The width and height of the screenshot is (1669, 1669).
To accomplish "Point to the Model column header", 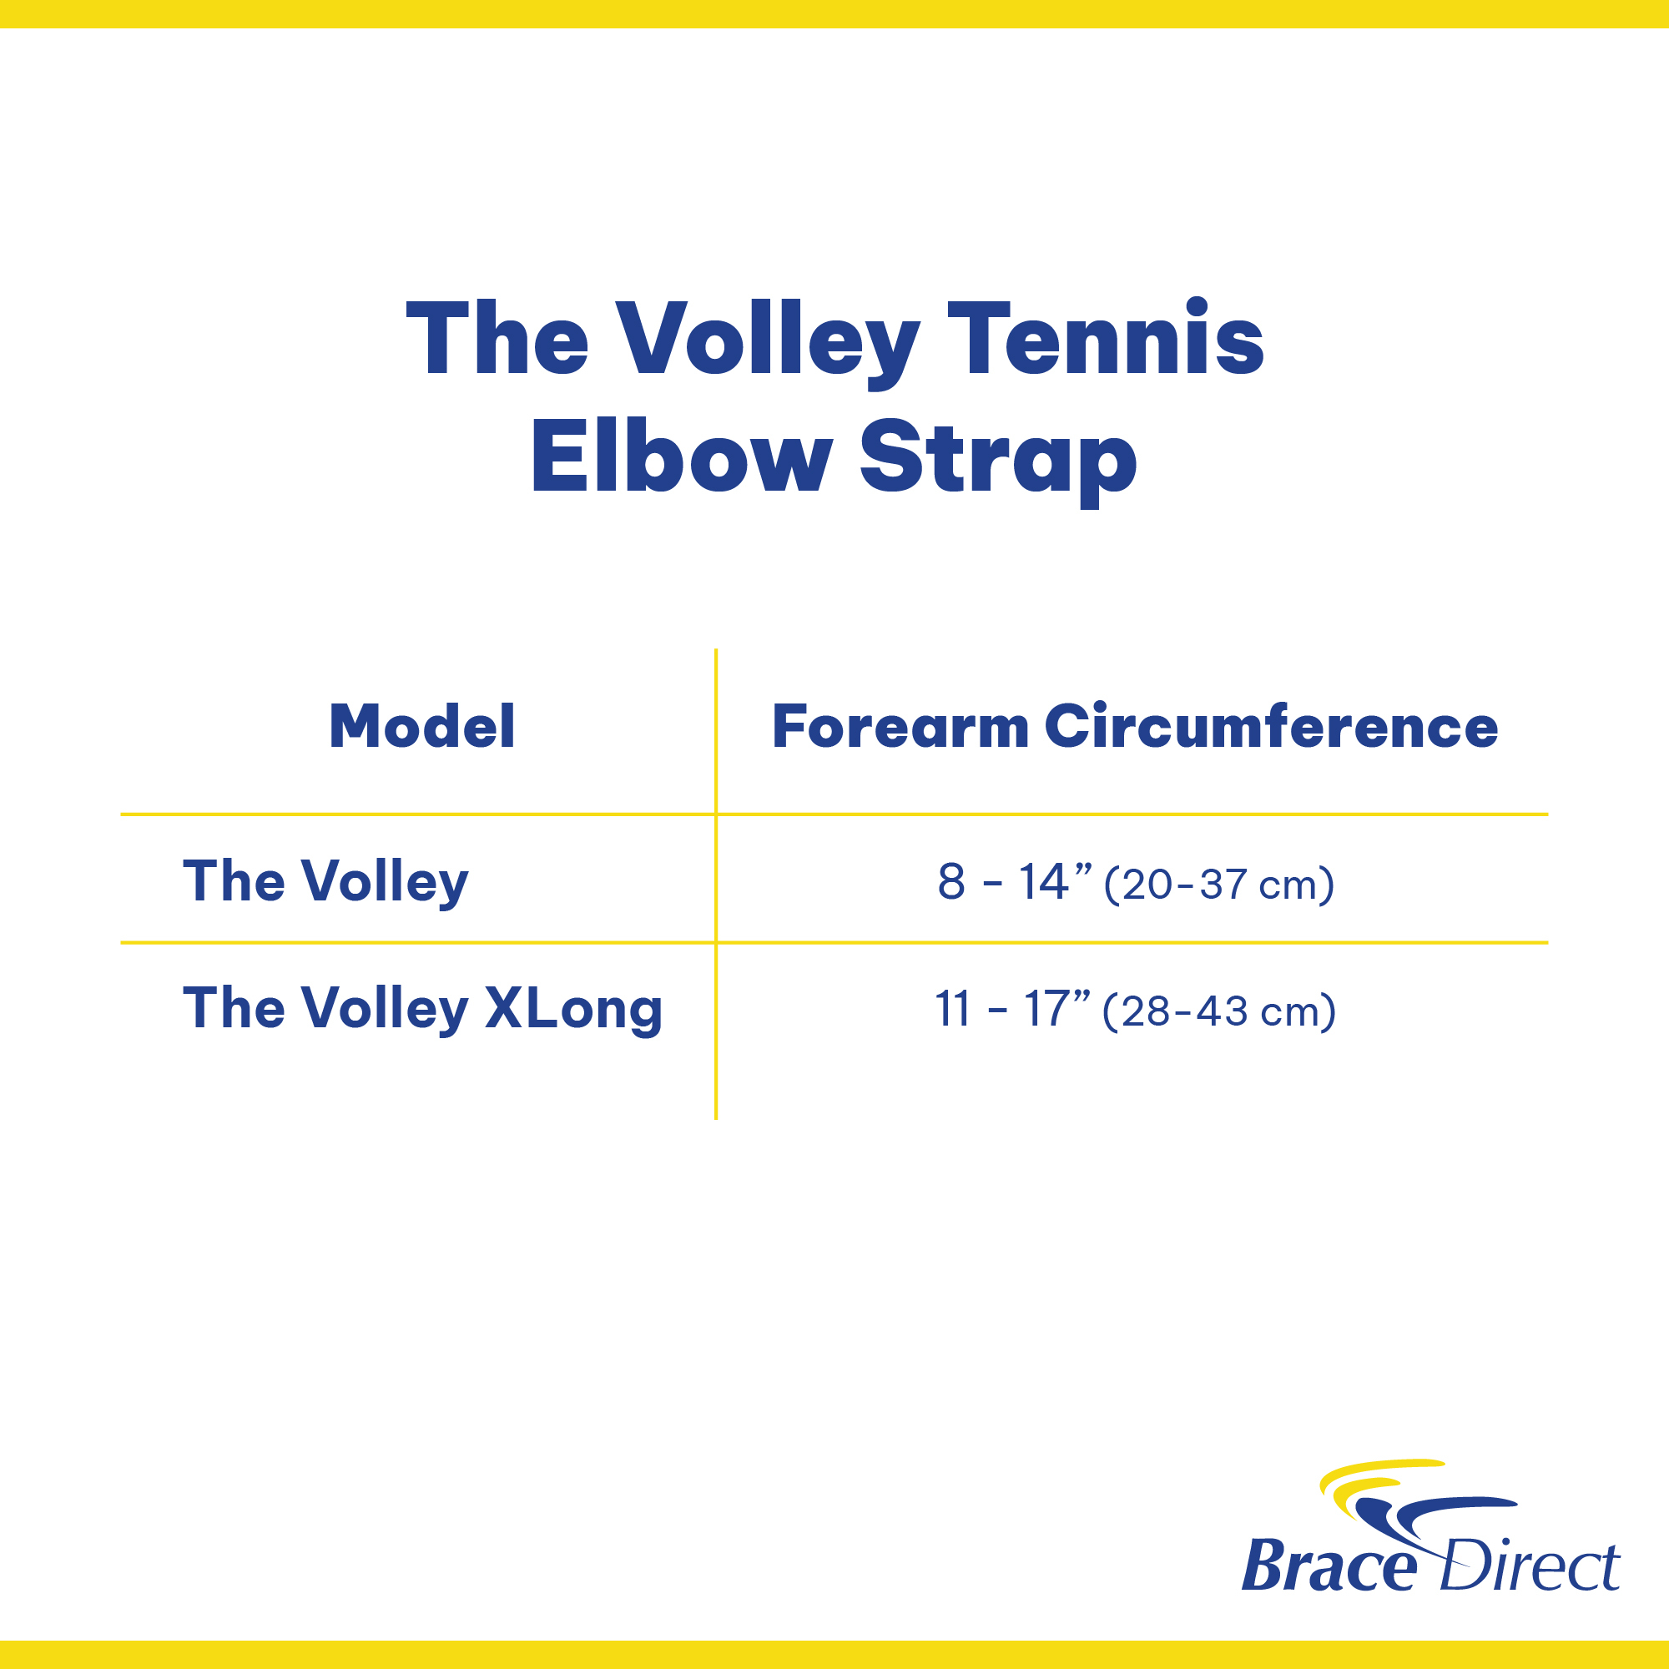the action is click(422, 726).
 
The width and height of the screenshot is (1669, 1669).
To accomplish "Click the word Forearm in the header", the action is click(900, 727).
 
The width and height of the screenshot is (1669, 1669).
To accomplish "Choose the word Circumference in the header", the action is click(1271, 726).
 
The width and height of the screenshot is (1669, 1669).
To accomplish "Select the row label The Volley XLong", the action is click(422, 1009).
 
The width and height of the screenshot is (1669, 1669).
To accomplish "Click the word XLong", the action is click(573, 1009).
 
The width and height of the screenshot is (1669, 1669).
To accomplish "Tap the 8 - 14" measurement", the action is click(1015, 882).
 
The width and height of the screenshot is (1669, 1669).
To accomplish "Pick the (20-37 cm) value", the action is click(1219, 885).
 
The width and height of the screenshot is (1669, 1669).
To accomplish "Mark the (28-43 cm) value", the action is click(1219, 1011).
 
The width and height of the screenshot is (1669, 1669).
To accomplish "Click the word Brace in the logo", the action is click(1329, 1566).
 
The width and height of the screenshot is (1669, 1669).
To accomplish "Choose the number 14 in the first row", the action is click(1044, 882).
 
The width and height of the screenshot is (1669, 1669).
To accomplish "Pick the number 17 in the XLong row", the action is click(1046, 1009).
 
